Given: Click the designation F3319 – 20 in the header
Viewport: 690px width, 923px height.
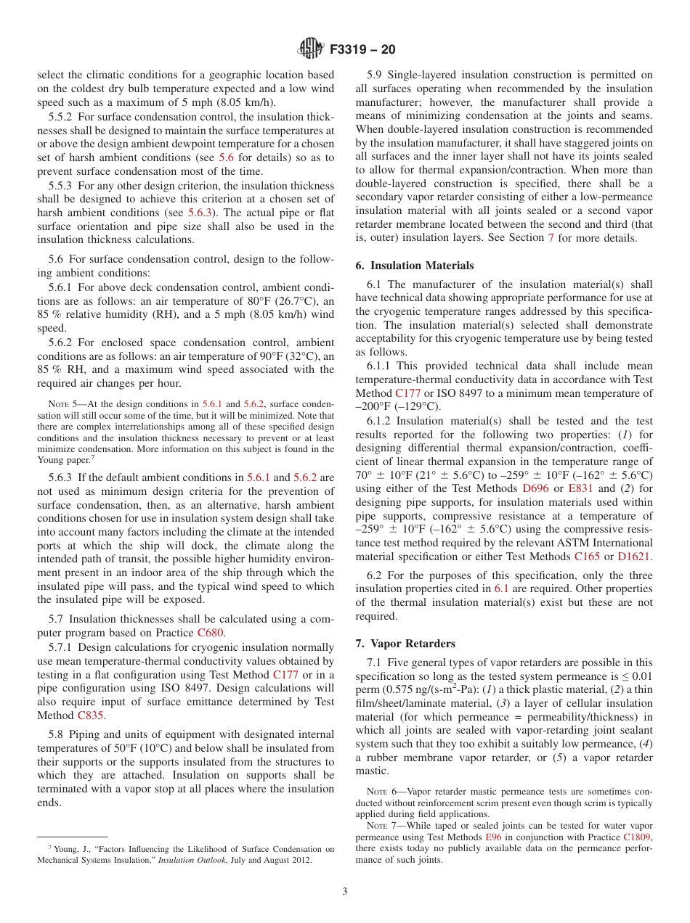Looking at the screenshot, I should (x=362, y=50).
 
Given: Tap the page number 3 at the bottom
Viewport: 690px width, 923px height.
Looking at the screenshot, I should (x=345, y=891).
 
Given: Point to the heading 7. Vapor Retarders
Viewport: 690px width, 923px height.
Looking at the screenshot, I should (x=405, y=644).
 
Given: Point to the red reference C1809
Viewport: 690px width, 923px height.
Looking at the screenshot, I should (x=637, y=837).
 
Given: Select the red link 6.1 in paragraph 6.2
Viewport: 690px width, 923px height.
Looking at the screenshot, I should (x=501, y=588).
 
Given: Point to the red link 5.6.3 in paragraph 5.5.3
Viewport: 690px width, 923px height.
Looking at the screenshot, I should (x=201, y=213).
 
